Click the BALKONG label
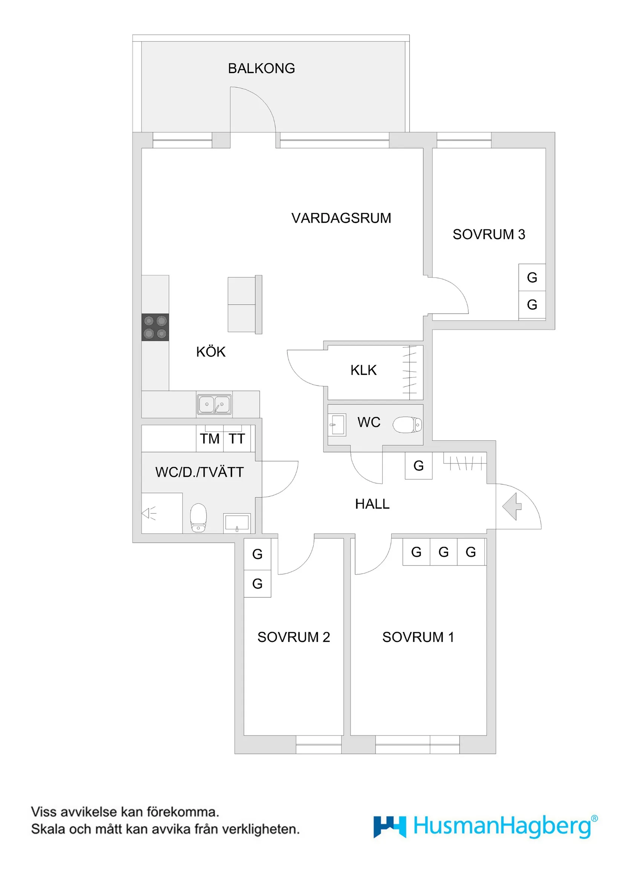261,69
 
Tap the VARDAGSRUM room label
341,218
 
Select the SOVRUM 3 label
489,234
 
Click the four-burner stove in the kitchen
155,327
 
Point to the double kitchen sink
214,404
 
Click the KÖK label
211,352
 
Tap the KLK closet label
363,370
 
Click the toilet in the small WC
407,425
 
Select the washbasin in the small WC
337,424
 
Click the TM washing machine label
210,439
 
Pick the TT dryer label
237,439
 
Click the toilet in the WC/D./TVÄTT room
198,518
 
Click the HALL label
372,504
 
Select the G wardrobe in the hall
418,466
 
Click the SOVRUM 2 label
293,637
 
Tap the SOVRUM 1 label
418,637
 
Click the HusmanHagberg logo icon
389,827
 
